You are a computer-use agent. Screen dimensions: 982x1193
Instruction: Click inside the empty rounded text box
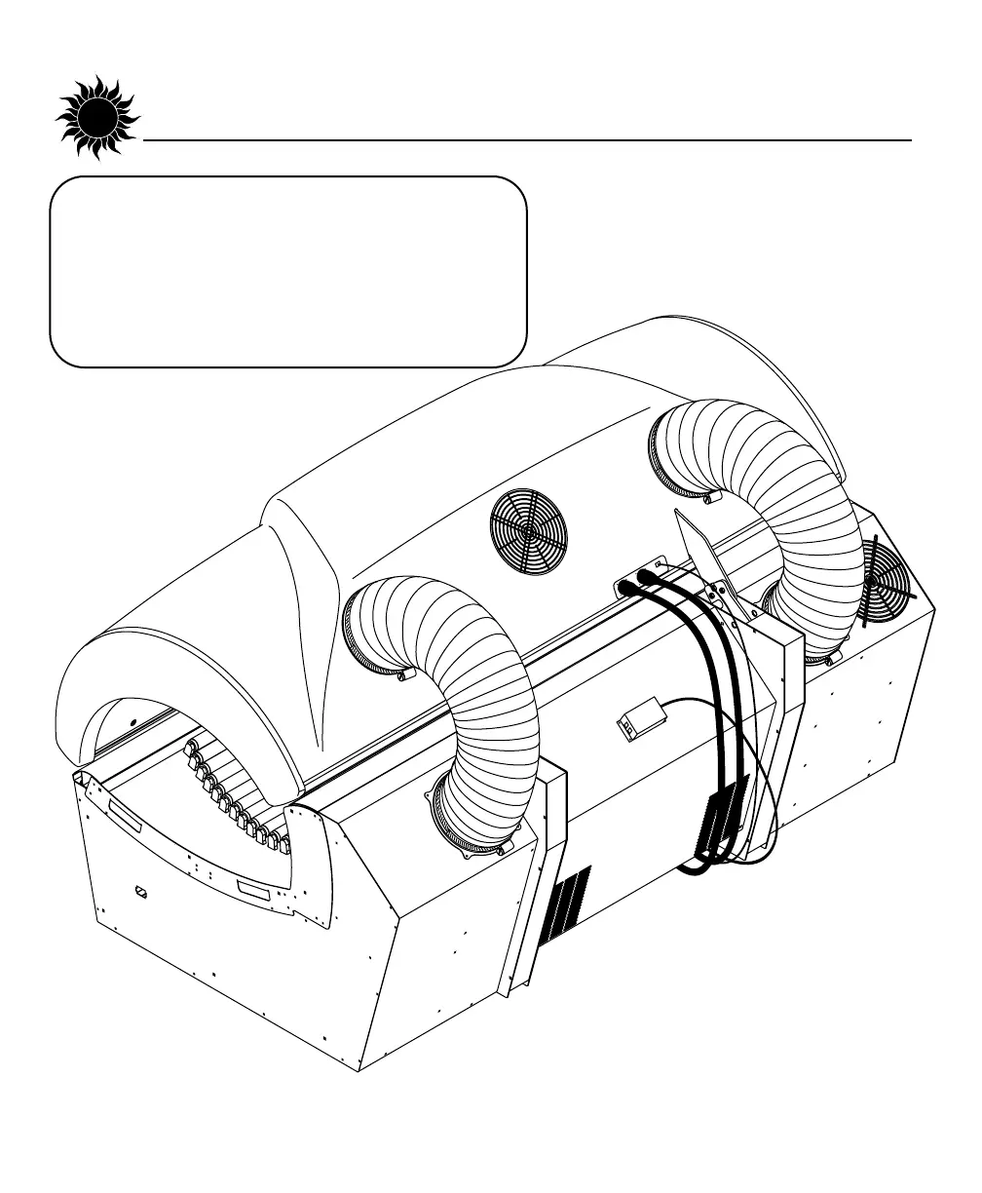[287, 271]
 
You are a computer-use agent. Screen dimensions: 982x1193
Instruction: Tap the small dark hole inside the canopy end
[133, 723]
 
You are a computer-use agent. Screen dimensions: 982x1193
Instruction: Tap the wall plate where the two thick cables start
[638, 582]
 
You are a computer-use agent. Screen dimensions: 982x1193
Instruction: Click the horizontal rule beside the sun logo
[526, 140]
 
